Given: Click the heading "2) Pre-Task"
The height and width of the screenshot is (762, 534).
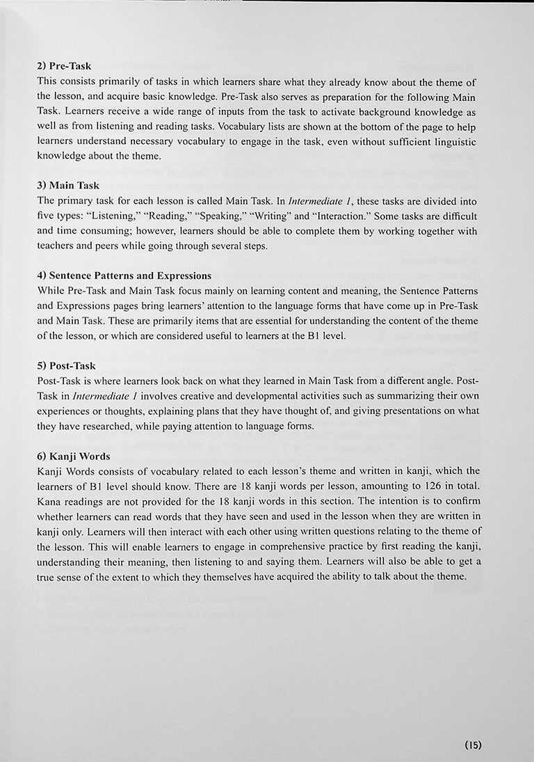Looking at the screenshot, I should pyautogui.click(x=64, y=67).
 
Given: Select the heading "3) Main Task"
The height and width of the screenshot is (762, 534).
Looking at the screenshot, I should pyautogui.click(x=68, y=186).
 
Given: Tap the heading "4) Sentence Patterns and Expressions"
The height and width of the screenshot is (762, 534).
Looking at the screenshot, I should pyautogui.click(x=124, y=276).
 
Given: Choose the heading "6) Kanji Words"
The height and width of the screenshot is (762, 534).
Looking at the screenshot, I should pyautogui.click(x=73, y=457).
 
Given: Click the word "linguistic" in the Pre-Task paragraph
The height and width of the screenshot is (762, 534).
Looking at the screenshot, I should pyautogui.click(x=455, y=141).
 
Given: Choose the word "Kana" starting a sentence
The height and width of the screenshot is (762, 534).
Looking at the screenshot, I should pyautogui.click(x=49, y=502).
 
